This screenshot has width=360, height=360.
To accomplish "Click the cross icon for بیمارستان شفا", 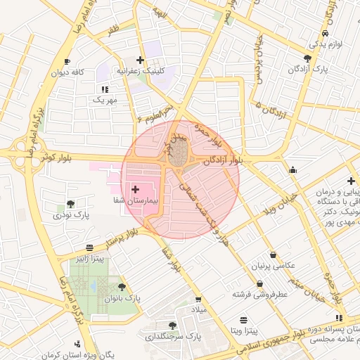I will pyautogui.click(x=135, y=189).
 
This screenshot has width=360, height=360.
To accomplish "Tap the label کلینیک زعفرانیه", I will pyautogui.click(x=140, y=71).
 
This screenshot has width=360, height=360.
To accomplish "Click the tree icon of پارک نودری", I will pyautogui.click(x=70, y=204).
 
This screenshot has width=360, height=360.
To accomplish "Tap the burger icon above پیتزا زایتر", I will pyautogui.click(x=89, y=248).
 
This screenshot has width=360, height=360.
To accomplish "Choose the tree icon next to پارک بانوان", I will pyautogui.click(x=122, y=288).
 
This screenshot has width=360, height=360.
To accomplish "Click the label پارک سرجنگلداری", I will pyautogui.click(x=173, y=337).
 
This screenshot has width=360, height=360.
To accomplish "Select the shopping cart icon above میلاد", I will pyautogui.click(x=198, y=298).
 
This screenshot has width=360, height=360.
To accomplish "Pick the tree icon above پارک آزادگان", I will pyautogui.click(x=308, y=58).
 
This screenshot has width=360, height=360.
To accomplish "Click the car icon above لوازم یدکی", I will pyautogui.click(x=324, y=33).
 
